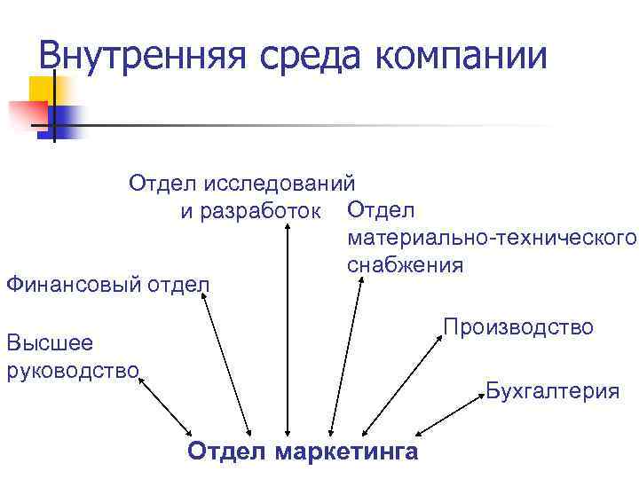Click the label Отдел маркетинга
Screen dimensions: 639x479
(x=303, y=452)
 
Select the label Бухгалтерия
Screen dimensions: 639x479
(x=552, y=391)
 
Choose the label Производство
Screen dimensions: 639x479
(x=518, y=327)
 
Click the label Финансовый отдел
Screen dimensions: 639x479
(x=107, y=285)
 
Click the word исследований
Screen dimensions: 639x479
(x=280, y=184)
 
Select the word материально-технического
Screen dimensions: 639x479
(x=492, y=238)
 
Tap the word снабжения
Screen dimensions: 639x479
(x=406, y=265)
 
